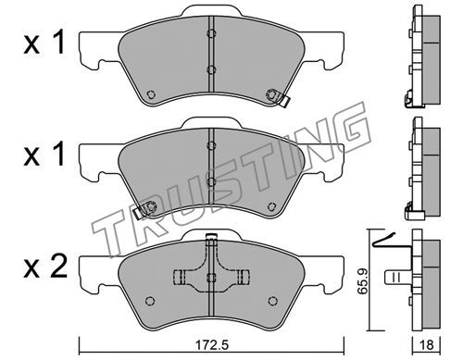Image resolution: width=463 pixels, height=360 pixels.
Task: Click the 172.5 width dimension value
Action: (212, 345)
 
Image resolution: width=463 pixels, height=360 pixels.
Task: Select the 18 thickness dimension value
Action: (427, 345)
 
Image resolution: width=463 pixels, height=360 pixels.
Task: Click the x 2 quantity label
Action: (45, 267)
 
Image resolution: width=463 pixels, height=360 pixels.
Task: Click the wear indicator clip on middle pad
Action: (143, 210)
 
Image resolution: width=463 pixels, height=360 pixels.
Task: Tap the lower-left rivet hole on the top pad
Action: (150, 94)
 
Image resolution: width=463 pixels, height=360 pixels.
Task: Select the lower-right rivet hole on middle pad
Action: (272, 206)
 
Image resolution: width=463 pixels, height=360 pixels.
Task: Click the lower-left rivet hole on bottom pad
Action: (150, 301)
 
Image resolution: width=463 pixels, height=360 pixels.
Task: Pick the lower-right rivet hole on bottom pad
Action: (272, 301)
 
